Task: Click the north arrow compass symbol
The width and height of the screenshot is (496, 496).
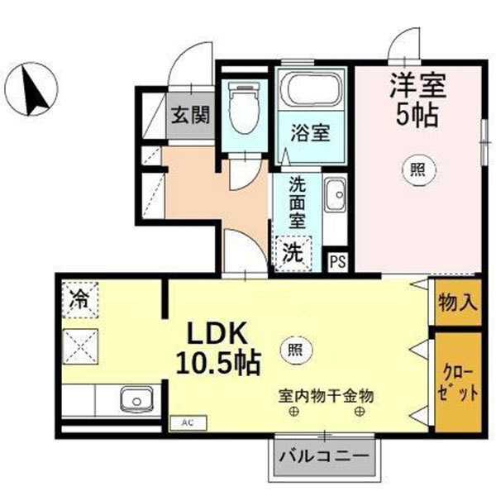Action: coord(33,88)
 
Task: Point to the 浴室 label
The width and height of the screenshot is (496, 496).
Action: coord(311,133)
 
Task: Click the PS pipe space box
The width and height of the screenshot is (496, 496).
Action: coord(337,262)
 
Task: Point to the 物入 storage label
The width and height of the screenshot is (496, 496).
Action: coord(457,302)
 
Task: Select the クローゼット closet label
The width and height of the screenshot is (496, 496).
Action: coord(457,379)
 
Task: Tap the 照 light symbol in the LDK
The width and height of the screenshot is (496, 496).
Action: coord(293,350)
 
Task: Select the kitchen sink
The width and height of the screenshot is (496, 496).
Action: coord(132,402)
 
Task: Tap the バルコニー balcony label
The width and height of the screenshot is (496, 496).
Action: coord(325,456)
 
